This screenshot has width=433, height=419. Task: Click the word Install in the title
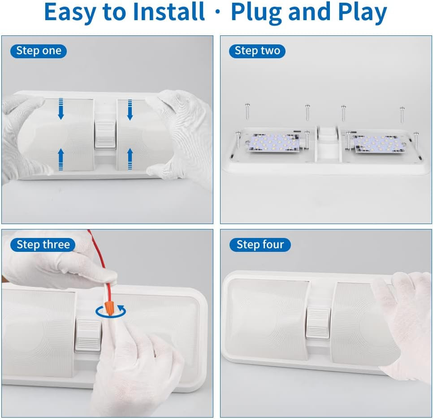[x=169, y=12]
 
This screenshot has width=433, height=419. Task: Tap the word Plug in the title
[x=256, y=13]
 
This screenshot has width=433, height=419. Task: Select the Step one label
[x=39, y=51]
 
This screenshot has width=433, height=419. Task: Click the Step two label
[x=257, y=51]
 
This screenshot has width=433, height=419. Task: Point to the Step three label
[x=43, y=245]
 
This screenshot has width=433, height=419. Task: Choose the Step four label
[x=260, y=245]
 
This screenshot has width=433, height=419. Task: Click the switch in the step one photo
[x=105, y=134]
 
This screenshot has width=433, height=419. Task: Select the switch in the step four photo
[x=318, y=323]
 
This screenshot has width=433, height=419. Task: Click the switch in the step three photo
[x=88, y=336]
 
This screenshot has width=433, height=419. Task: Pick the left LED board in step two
[x=273, y=143]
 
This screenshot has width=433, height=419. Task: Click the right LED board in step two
[x=377, y=143]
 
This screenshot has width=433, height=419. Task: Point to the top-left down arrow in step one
[x=61, y=109]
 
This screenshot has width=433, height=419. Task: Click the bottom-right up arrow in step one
[x=130, y=159]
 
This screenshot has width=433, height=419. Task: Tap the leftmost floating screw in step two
[x=247, y=111]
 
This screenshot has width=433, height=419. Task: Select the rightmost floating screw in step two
[x=402, y=114]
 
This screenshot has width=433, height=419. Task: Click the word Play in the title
[x=362, y=13]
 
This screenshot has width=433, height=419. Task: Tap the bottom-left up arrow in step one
[x=61, y=159]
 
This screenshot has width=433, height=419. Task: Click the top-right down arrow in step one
[x=130, y=110]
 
